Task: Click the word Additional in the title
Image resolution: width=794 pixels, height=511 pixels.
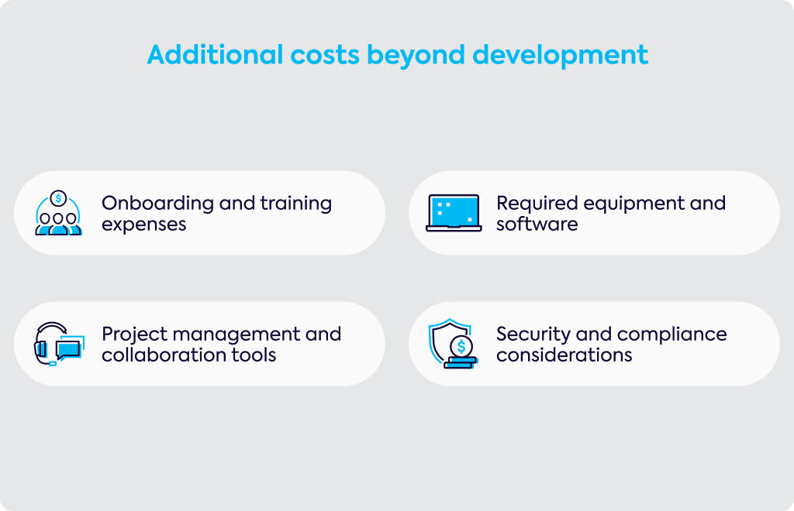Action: (216, 55)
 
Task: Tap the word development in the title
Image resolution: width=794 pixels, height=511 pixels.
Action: (560, 55)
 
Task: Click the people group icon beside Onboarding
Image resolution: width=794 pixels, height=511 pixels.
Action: (58, 213)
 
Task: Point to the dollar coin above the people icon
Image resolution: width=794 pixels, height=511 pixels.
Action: (58, 198)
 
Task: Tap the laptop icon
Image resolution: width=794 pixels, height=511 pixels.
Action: (454, 213)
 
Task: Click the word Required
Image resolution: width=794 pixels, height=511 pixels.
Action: (537, 204)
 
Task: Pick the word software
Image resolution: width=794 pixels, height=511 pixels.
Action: (537, 224)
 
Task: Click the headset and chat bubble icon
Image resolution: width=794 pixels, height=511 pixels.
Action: (59, 344)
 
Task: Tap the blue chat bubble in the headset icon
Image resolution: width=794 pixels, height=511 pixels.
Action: (68, 349)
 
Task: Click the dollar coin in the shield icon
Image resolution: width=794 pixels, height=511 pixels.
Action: (461, 347)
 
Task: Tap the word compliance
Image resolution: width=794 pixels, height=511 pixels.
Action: (672, 335)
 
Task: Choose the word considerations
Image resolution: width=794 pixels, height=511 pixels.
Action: (564, 355)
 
